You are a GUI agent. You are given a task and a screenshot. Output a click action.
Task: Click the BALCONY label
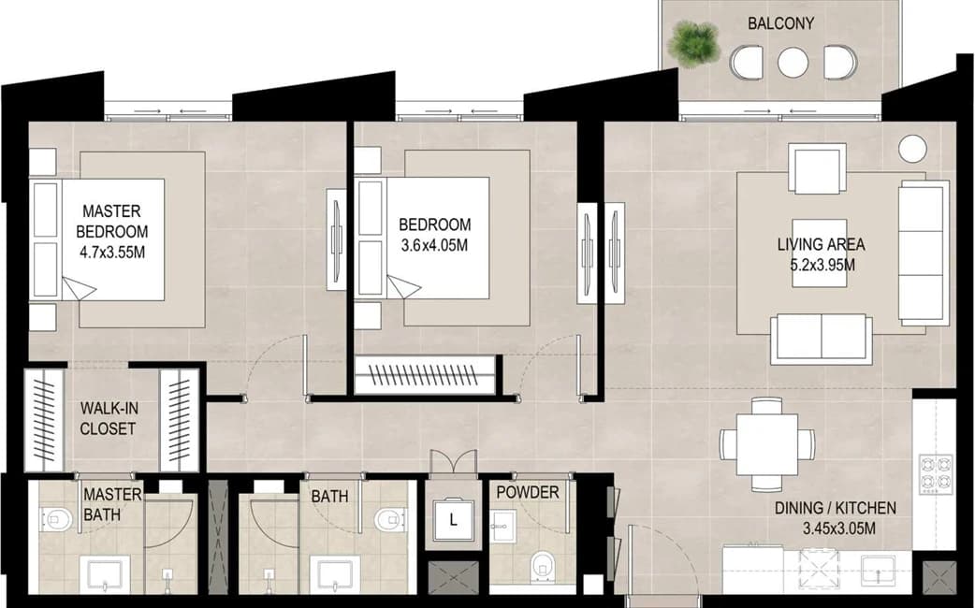[780, 23]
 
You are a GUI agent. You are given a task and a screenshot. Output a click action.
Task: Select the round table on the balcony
[793, 63]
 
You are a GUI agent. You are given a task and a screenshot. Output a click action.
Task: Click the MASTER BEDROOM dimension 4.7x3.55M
[112, 253]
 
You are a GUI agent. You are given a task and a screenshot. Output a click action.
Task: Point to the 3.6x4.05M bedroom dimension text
[435, 246]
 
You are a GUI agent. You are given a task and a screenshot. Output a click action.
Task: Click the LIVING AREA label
[821, 244]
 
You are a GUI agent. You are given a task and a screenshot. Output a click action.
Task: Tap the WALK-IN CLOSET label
[109, 418]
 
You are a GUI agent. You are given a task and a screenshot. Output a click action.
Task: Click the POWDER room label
[528, 492]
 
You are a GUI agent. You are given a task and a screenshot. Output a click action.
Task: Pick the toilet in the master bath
[56, 518]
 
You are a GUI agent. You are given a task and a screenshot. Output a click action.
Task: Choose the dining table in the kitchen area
[767, 444]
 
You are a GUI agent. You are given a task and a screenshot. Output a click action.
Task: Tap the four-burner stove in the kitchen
[936, 472]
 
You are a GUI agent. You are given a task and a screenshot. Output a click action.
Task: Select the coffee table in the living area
[819, 253]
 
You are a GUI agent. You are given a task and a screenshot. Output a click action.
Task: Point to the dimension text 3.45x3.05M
[838, 529]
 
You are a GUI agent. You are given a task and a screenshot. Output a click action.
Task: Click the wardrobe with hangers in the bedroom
[426, 374]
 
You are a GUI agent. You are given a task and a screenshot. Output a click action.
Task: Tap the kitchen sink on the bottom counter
[878, 570]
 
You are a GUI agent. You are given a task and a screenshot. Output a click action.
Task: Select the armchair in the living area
[817, 167]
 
